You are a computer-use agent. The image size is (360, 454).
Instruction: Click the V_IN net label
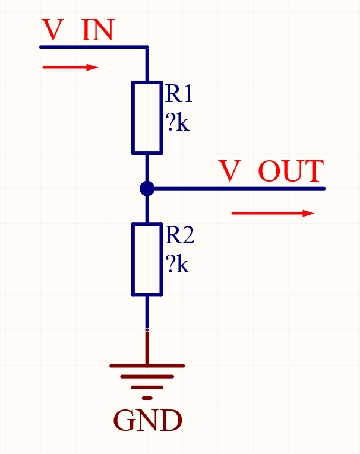coord(77,30)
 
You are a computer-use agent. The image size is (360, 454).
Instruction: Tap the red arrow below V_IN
coord(70,68)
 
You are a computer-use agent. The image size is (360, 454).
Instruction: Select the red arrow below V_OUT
coord(273,213)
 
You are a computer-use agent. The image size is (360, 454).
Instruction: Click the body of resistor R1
coord(147,118)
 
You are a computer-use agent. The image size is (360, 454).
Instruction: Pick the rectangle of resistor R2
coord(147,259)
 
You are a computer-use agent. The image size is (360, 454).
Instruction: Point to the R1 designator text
coord(179,94)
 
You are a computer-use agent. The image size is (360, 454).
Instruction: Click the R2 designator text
coord(179,236)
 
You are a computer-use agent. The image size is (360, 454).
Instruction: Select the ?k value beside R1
coord(178,123)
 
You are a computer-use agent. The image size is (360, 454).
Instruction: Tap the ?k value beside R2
coord(178,265)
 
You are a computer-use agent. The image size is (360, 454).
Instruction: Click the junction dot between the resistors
coord(147,189)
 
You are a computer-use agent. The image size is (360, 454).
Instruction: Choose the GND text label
coord(147,421)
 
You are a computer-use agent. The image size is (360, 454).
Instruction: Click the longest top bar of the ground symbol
coord(147,366)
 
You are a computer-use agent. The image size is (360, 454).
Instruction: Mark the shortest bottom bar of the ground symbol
coord(147,397)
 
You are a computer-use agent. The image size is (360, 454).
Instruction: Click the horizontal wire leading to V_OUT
coord(238,189)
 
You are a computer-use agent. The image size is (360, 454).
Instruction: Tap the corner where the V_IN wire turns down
coord(147,47)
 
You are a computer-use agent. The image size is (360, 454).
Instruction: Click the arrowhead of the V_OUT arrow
coord(308,213)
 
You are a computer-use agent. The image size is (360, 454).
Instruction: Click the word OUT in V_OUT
coord(291,172)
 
